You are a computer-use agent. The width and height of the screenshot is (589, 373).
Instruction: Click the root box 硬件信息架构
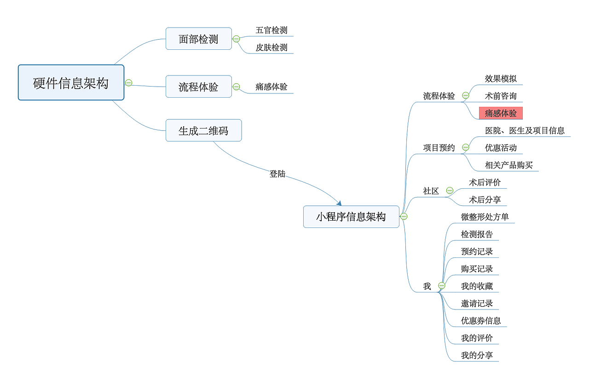(71, 83)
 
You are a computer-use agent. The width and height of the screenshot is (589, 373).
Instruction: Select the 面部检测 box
(198, 39)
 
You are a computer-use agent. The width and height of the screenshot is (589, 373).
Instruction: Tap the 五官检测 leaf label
(271, 30)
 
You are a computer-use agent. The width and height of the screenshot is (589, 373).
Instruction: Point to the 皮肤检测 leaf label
(271, 48)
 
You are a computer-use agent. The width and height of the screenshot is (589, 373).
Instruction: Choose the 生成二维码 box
(203, 131)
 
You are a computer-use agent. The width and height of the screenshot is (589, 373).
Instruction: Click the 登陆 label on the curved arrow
(277, 174)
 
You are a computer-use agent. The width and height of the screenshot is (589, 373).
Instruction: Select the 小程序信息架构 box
(351, 216)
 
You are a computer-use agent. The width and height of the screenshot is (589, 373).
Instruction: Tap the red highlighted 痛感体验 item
(501, 113)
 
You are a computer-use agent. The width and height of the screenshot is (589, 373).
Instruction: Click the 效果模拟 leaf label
(501, 79)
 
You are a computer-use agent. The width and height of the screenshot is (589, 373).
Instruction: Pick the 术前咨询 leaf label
(501, 96)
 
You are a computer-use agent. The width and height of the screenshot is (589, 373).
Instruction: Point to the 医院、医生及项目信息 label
(525, 131)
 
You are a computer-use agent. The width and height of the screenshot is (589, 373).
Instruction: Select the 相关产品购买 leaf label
(508, 165)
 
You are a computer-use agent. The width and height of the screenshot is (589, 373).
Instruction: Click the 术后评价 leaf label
(485, 183)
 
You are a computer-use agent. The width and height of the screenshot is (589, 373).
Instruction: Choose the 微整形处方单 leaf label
(485, 217)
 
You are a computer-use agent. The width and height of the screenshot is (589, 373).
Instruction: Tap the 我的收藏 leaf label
(477, 286)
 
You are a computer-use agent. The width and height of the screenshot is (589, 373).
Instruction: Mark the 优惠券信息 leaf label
(481, 321)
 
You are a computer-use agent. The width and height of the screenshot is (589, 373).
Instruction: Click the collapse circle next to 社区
(450, 191)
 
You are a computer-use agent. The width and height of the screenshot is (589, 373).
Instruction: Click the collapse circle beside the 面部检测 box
(236, 39)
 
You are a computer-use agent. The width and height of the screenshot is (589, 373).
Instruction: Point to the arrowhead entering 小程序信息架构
(339, 203)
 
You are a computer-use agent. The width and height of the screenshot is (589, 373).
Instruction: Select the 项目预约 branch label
(439, 148)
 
